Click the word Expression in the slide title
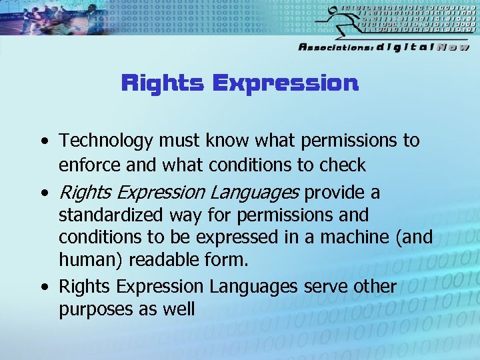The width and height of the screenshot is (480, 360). click(x=285, y=84)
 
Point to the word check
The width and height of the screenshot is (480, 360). click(x=343, y=165)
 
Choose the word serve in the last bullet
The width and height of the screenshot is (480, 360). click(x=328, y=287)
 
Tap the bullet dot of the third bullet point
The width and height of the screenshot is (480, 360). click(x=43, y=287)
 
